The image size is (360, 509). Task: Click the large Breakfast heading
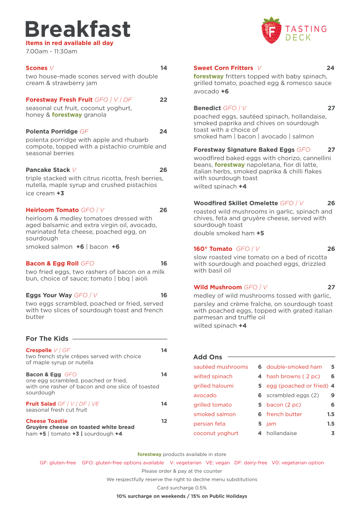[78, 29]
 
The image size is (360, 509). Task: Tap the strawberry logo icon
[271, 30]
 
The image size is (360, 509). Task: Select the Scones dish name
[36, 68]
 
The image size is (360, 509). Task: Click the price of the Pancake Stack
[163, 170]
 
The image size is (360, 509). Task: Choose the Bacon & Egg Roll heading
[52, 264]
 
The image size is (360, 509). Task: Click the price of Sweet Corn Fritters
[330, 68]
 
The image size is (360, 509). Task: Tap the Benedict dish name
[207, 108]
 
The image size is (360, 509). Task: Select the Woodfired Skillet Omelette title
[236, 203]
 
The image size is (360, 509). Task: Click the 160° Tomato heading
[213, 249]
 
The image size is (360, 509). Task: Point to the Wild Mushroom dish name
[217, 287]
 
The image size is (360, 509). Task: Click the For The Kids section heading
[47, 339]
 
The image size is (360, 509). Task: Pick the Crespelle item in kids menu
[39, 350]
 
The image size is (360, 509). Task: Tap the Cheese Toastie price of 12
[164, 421]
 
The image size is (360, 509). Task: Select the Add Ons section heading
[207, 357]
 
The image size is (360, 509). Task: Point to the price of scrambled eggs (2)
[333, 396]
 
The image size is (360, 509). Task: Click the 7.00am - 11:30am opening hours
[51, 51]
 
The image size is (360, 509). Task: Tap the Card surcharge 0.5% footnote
[182, 488]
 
